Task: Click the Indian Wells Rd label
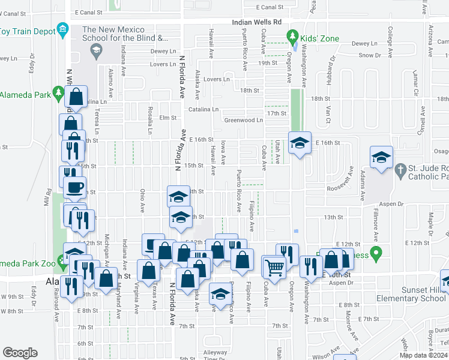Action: pyautogui.click(x=257, y=22)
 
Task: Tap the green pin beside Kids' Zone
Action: pyautogui.click(x=293, y=38)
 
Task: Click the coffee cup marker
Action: pyautogui.click(x=74, y=187)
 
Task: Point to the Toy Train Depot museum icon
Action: pyautogui.click(x=62, y=31)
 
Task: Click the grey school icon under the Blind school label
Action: pyautogui.click(x=96, y=51)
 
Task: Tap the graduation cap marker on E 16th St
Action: pyautogui.click(x=300, y=143)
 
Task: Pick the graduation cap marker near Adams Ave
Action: pyautogui.click(x=381, y=157)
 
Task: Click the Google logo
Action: pyautogui.click(x=20, y=352)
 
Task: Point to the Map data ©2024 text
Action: pyautogui.click(x=423, y=355)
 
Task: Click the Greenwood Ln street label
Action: pyautogui.click(x=244, y=120)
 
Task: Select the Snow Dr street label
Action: pyautogui.click(x=370, y=55)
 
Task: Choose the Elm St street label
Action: pyautogui.click(x=167, y=118)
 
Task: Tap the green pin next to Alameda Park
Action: pyautogui.click(x=58, y=94)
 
